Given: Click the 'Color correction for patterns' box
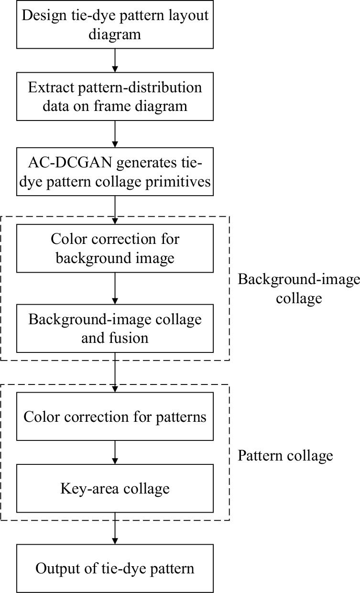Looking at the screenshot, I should click(115, 417).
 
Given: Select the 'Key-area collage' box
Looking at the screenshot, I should click(115, 488).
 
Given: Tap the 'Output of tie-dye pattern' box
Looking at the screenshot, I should click(115, 569).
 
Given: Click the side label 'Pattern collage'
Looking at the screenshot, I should click(285, 456).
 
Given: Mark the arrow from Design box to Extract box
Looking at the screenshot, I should click(115, 60).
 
